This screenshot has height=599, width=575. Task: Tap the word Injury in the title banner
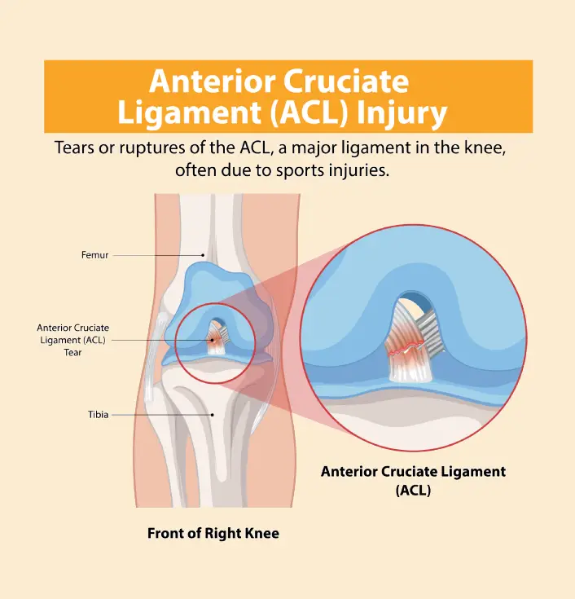coord(402,112)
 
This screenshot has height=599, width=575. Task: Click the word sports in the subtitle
coord(307,170)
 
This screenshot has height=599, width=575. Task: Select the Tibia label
coord(98,414)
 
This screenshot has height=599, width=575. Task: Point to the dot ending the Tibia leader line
coord(213,414)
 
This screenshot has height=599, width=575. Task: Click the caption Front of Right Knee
coord(213,534)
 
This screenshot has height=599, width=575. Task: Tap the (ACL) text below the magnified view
coord(413,491)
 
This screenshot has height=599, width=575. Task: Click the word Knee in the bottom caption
coord(262,534)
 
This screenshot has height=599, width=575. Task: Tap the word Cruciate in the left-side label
coord(91,328)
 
